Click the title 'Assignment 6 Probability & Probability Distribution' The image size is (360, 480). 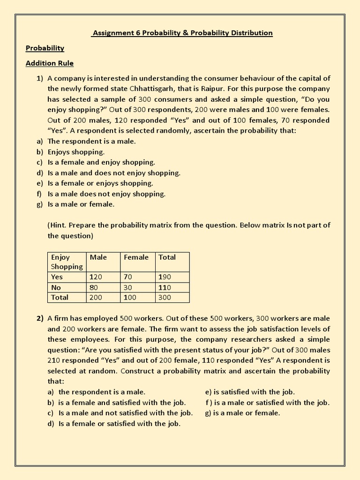[182, 33]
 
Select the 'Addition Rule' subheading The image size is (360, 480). [50, 63]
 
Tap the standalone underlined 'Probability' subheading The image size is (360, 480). [45, 48]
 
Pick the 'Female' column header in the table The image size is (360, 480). [136, 257]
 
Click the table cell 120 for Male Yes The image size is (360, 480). [96, 277]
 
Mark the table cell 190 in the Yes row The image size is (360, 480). [165, 277]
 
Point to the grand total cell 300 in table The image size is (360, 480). [165, 298]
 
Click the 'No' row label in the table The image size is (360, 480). [56, 287]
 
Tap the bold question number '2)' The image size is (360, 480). [40, 318]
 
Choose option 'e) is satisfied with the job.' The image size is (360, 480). [250, 392]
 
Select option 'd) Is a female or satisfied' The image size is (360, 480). [114, 423]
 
